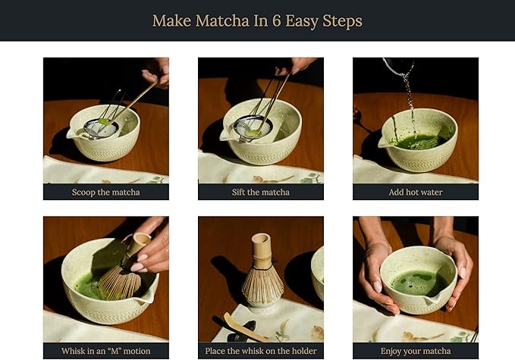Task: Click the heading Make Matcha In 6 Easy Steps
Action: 257,20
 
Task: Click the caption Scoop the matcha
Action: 105,192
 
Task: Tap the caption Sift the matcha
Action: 260,192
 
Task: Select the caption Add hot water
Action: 415,192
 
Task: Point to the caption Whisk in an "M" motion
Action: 105,351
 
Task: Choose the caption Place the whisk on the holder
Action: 260,351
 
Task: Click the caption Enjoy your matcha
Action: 415,351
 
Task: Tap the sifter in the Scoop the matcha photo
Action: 102,126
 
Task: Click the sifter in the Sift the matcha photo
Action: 253,127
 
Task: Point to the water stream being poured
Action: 409,99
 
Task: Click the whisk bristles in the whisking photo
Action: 119,281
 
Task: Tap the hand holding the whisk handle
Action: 152,250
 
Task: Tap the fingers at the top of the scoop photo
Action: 156,70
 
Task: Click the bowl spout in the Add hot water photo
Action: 382,142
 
